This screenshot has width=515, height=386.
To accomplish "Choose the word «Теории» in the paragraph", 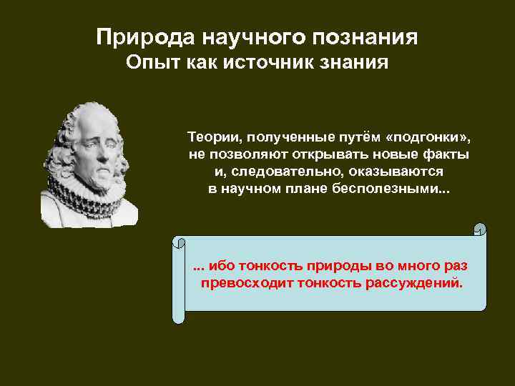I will (x=210, y=136).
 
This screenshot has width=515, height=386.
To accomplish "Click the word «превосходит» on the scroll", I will (x=245, y=282).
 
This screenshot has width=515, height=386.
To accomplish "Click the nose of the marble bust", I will (x=108, y=149).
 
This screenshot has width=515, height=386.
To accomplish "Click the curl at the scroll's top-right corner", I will (x=480, y=229).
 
